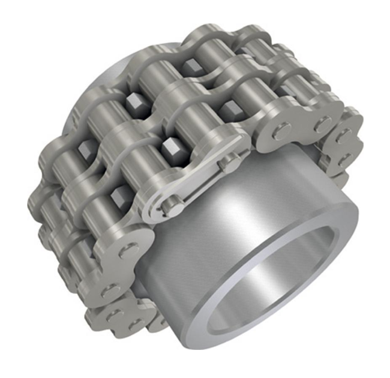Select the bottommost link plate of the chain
(x=120, y=318)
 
